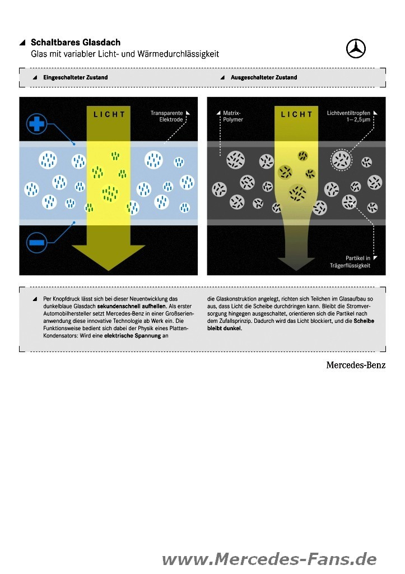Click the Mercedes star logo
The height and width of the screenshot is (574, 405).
pyautogui.click(x=356, y=48)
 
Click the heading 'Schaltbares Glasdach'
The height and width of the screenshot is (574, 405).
pyautogui.click(x=76, y=43)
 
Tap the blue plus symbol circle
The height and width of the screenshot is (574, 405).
pyautogui.click(x=36, y=124)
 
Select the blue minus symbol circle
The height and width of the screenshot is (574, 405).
pyautogui.click(x=36, y=242)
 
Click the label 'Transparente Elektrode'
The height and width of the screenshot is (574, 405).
pyautogui.click(x=166, y=117)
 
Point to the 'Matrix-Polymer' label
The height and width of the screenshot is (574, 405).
pyautogui.click(x=232, y=117)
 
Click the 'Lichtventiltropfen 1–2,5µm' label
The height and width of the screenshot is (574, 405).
pyautogui.click(x=348, y=117)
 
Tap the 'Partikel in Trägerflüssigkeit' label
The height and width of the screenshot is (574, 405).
pyautogui.click(x=350, y=262)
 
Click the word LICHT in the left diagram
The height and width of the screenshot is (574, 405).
pyautogui.click(x=109, y=114)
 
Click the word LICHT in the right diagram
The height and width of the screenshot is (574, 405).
pyautogui.click(x=297, y=114)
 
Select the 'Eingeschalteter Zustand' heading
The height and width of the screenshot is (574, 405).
pyautogui.click(x=76, y=77)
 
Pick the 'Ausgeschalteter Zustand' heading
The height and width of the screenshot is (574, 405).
pyautogui.click(x=264, y=77)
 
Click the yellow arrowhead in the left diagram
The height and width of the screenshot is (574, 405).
pyautogui.click(x=109, y=257)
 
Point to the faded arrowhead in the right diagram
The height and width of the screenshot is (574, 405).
pyautogui.click(x=296, y=263)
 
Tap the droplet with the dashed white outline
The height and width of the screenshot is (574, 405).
pyautogui.click(x=341, y=160)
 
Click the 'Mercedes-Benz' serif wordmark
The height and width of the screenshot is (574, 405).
pyautogui.click(x=356, y=365)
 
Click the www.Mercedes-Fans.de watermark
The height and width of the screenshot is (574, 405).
pyautogui.click(x=269, y=559)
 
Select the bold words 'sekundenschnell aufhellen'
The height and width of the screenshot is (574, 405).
pyautogui.click(x=132, y=306)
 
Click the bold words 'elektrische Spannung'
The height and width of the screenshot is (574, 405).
pyautogui.click(x=132, y=336)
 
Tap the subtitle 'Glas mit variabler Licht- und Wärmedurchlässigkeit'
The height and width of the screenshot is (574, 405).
pyautogui.click(x=125, y=54)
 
